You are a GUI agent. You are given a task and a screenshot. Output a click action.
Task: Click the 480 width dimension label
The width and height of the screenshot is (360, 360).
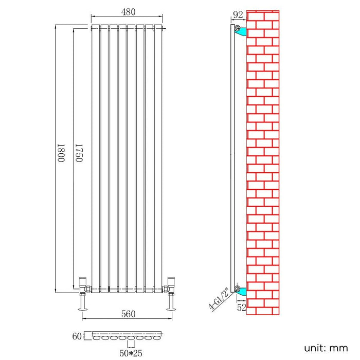click(128, 12)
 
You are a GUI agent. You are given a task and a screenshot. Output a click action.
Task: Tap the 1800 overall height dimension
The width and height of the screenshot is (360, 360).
click(61, 153)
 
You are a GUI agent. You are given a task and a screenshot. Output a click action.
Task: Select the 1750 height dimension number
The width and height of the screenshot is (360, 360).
click(79, 153)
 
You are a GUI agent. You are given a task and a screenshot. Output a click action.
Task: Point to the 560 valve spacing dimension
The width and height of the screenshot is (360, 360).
click(129, 314)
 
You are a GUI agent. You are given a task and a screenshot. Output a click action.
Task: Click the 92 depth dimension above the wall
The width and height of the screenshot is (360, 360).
click(238, 15)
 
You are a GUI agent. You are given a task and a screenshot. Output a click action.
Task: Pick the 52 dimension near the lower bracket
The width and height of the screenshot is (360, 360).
click(242, 307)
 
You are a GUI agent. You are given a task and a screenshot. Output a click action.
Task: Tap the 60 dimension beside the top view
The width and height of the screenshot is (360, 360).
click(77, 336)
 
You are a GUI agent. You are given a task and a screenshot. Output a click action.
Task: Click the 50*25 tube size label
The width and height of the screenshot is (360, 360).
click(131, 353)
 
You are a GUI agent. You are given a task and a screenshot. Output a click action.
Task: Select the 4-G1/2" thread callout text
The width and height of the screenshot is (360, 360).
click(219, 298)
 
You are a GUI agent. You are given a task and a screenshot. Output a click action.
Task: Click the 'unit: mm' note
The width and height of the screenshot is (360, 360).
click(326, 348)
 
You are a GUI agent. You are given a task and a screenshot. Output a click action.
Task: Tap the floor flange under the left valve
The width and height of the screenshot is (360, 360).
click(83, 309)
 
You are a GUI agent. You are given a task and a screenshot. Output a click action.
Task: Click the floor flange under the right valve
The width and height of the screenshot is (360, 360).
click(171, 309)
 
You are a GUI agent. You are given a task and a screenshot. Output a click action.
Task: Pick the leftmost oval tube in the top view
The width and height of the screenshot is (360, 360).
click(97, 338)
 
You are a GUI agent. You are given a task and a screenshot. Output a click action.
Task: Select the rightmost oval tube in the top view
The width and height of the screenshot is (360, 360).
click(157, 338)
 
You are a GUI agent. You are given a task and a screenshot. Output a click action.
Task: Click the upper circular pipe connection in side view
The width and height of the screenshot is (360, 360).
click(238, 28)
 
